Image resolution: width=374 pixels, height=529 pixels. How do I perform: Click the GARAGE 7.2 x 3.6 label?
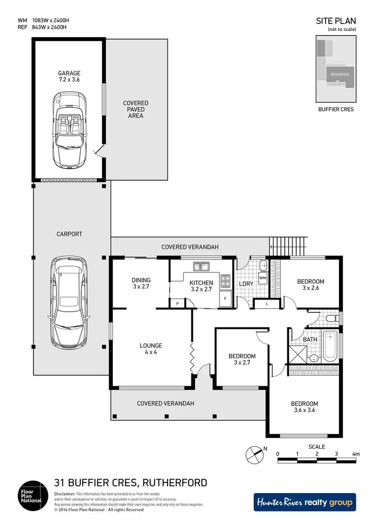click(68, 76)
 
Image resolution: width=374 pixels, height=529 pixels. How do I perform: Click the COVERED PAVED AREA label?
click(136, 109)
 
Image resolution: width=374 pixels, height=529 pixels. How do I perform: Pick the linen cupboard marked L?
click(267, 303)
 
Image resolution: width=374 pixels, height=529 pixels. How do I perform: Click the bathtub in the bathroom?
click(330, 347)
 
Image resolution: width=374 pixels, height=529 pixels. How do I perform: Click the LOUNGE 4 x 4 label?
click(151, 349)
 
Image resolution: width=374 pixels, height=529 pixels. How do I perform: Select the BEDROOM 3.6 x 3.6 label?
click(305, 407)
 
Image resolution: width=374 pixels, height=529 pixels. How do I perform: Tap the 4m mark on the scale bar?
click(356, 454)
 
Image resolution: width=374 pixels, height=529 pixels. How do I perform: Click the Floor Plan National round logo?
click(32, 495)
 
